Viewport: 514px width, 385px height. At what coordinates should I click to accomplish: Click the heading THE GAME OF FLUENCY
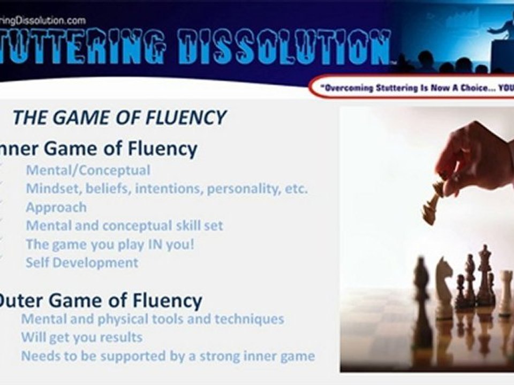[119, 117]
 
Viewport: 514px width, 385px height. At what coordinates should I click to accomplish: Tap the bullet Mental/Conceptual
[88, 171]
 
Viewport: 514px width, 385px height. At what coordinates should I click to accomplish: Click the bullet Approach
[56, 207]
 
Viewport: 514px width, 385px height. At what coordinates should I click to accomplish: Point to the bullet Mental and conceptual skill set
[124, 225]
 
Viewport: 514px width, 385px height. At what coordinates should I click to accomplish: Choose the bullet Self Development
[82, 263]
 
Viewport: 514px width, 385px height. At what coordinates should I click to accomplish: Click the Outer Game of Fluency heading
[100, 301]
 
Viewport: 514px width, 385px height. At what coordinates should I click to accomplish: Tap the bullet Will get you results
[82, 337]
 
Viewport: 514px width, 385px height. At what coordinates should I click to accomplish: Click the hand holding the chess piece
[471, 155]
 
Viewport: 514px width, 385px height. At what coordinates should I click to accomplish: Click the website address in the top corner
[43, 20]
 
